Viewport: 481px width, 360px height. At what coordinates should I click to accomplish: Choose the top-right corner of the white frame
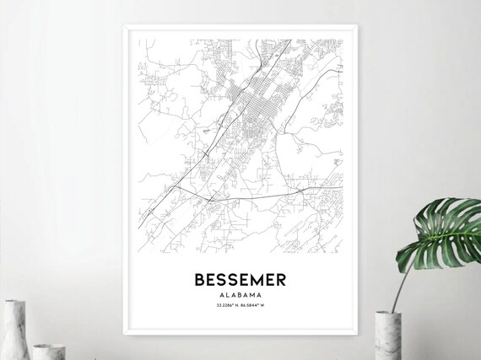[355, 26]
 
